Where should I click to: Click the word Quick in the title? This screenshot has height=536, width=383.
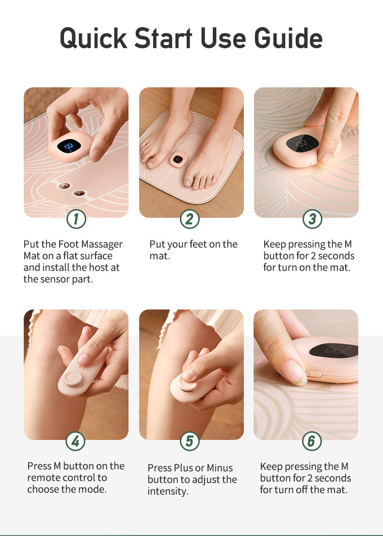coord(94,38)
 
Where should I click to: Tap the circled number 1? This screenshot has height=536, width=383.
coord(76,219)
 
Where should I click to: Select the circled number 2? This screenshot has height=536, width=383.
coord(190,219)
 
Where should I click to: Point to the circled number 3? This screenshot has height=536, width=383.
coord(312,219)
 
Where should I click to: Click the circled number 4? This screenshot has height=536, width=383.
coord(76,441)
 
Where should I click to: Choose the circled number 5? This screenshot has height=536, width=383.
coord(190,441)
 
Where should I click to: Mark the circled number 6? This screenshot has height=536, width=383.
coord(312,441)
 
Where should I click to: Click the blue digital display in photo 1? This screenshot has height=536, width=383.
coord(69,146)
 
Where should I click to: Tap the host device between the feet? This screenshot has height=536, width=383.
coord(177,160)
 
